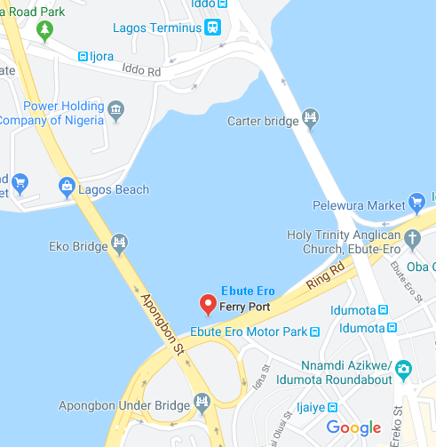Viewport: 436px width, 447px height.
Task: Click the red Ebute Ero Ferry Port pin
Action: [x=209, y=305]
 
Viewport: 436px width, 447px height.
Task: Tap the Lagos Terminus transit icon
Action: [x=212, y=28]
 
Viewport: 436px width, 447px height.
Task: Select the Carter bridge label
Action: [x=264, y=120]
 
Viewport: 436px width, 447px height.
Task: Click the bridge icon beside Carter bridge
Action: [x=310, y=116]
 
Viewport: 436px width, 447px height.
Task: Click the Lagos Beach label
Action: [x=113, y=189]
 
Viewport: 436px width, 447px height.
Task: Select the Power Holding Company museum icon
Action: [x=116, y=111]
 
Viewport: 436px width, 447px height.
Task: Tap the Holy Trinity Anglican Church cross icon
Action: [x=411, y=237]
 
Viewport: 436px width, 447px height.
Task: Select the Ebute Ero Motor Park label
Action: [x=248, y=332]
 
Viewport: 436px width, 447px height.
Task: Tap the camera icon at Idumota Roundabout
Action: [x=404, y=368]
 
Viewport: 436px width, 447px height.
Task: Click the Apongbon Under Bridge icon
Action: [x=202, y=404]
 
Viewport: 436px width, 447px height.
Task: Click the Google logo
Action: [x=353, y=427]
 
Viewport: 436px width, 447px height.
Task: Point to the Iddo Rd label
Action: [x=142, y=70]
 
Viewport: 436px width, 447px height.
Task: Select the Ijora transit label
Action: [x=101, y=56]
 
